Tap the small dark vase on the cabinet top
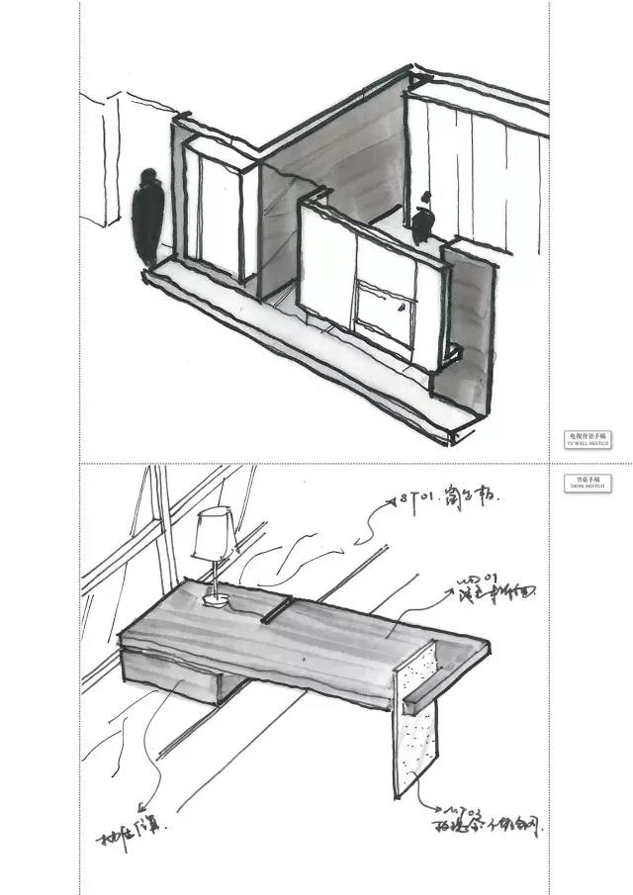(x=424, y=224)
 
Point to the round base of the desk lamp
(x=215, y=598)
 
